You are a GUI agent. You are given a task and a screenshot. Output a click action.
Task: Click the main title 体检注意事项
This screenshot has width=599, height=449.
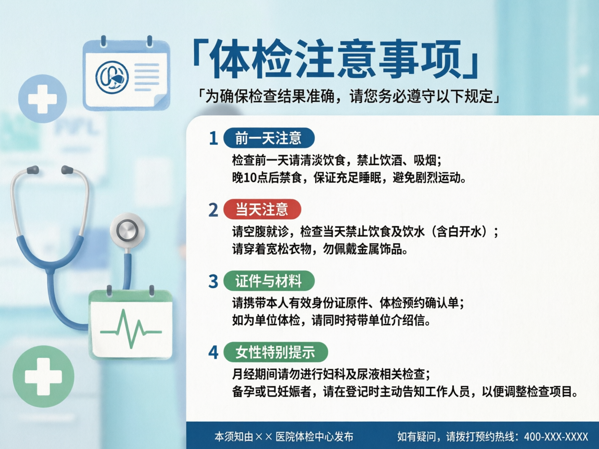tap(336, 59)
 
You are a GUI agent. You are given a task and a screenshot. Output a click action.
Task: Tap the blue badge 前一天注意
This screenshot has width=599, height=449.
tap(269, 138)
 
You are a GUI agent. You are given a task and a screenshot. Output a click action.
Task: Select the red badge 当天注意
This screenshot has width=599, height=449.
tap(262, 209)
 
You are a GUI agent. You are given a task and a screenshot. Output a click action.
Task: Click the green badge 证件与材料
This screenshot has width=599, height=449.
tap(269, 281)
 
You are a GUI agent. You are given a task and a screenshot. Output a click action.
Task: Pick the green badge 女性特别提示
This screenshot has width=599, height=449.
tap(275, 352)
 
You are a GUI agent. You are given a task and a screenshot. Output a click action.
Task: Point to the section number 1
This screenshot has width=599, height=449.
tap(213, 139)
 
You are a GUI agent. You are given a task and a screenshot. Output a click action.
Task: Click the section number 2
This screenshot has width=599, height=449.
tap(213, 210)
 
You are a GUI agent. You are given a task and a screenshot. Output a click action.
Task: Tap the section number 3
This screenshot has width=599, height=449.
tap(213, 281)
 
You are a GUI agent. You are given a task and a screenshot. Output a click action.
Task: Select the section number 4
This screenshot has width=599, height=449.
tap(213, 353)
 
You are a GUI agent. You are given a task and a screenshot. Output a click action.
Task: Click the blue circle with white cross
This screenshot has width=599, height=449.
tap(42, 99)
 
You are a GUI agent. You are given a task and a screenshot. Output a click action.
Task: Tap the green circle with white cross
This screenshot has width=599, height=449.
tap(43, 377)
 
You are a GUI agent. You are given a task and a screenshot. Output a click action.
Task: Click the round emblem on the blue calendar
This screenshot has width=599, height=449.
tap(112, 77)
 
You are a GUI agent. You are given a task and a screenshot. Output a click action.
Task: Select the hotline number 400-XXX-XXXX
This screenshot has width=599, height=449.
tap(556, 437)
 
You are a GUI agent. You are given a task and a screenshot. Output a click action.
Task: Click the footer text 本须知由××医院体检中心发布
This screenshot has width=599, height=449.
tap(284, 437)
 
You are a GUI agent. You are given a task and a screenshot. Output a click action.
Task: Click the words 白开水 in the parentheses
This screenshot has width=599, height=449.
tap(465, 232)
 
